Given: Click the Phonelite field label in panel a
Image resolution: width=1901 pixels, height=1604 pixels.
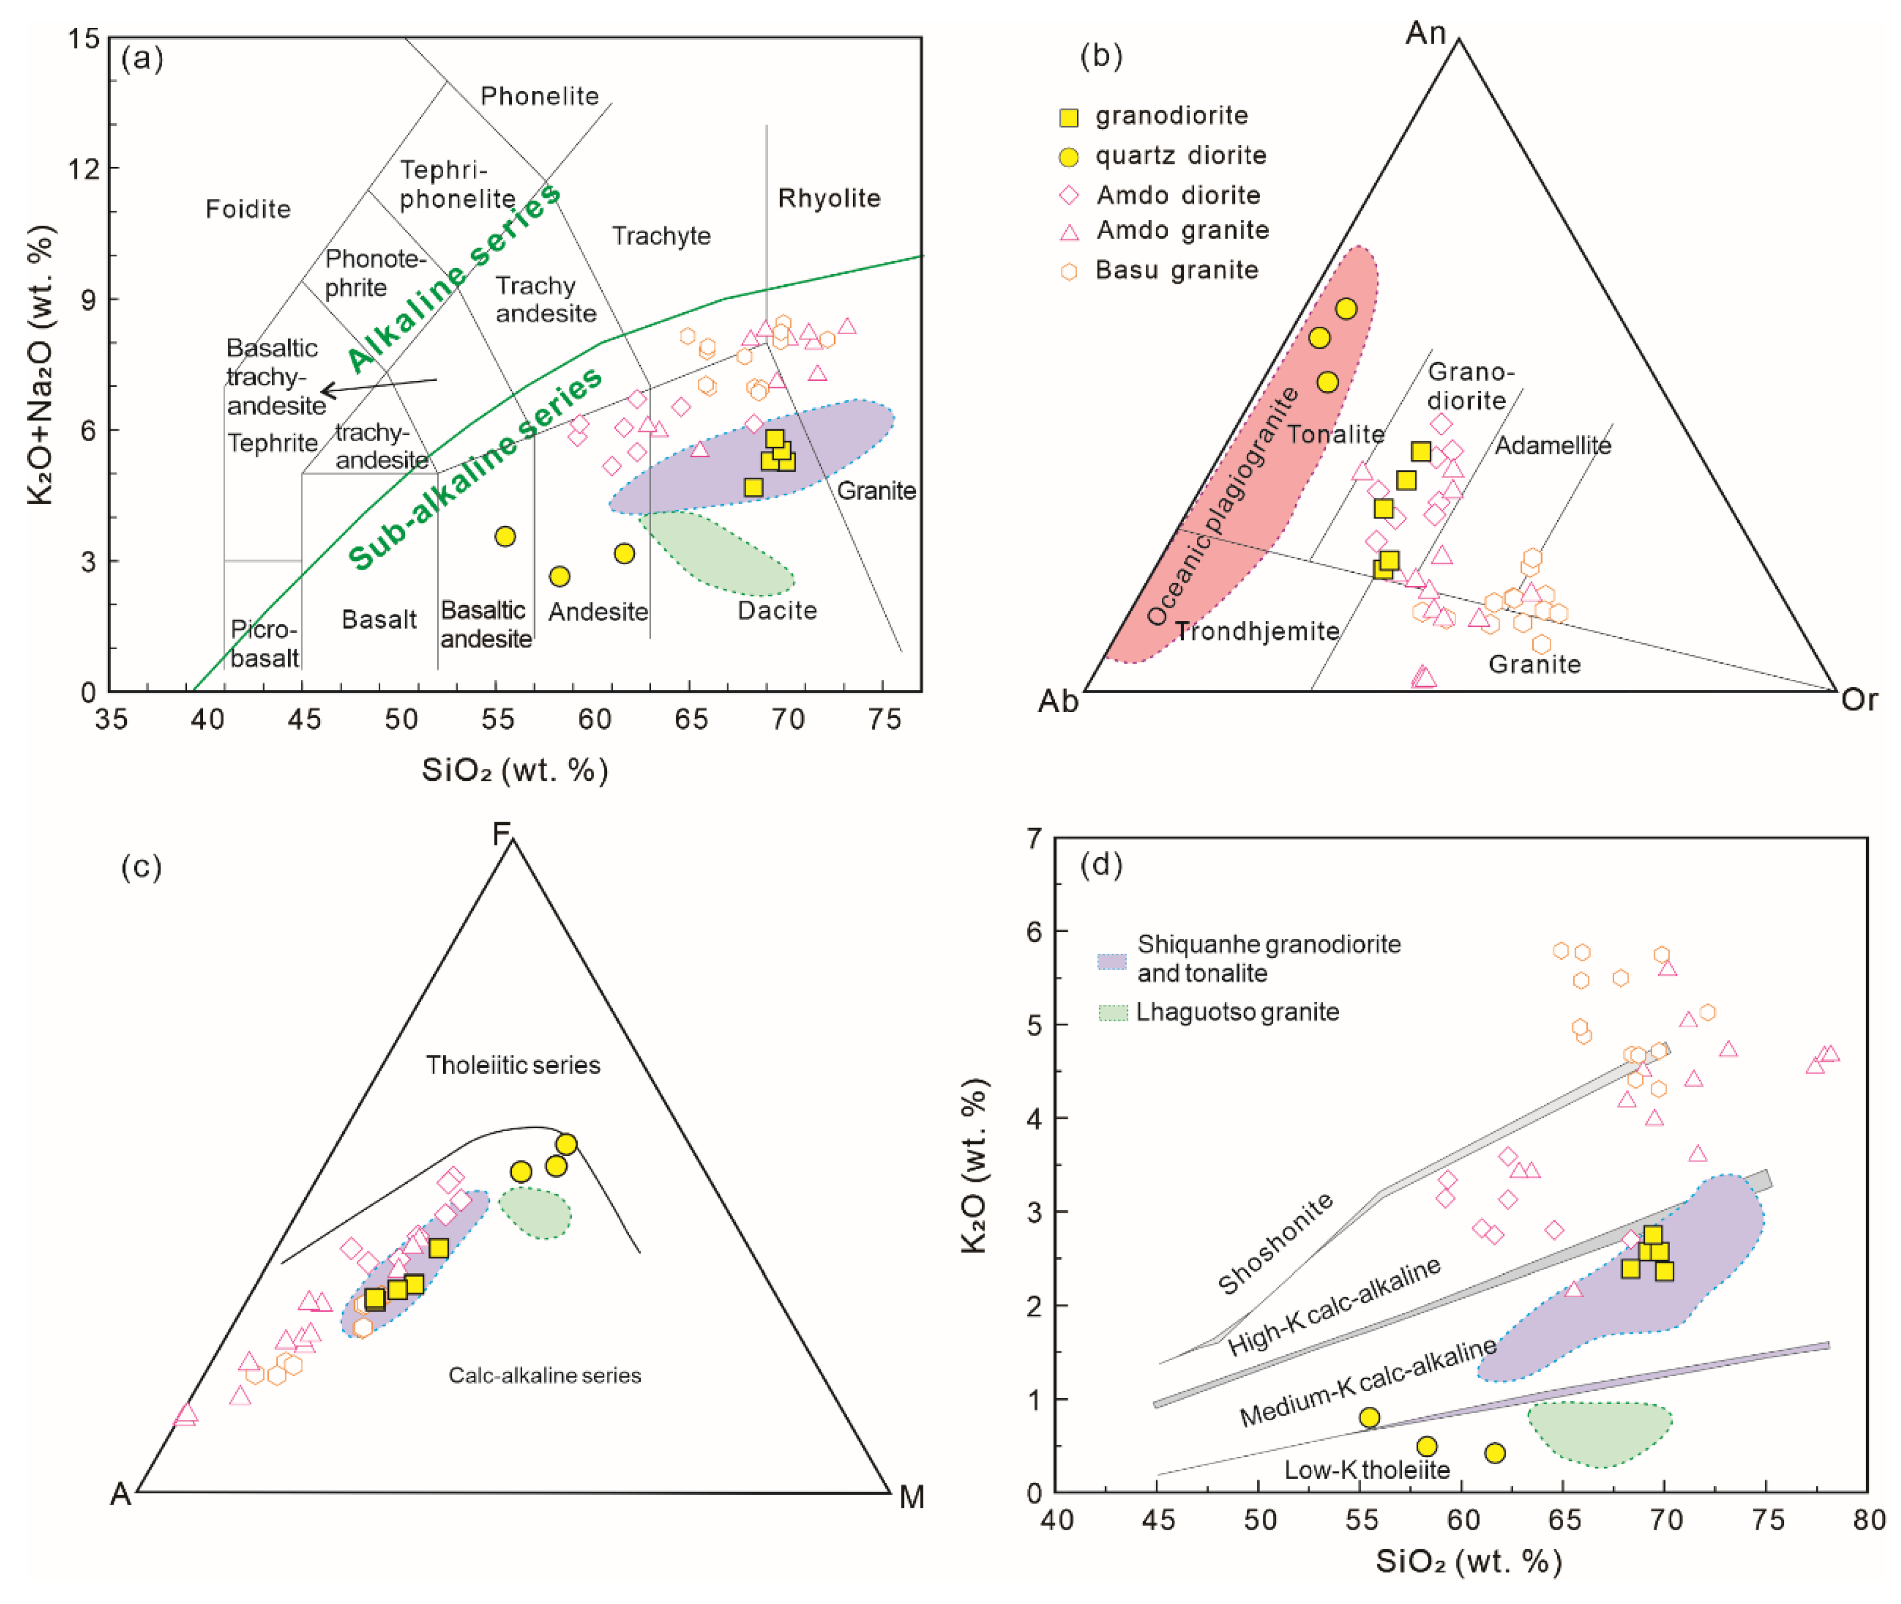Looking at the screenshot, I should click(x=539, y=96).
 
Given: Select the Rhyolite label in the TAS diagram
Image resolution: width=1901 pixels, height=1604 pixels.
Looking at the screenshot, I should click(x=828, y=198).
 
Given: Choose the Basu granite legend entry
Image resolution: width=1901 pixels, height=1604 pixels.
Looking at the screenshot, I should click(x=1176, y=270).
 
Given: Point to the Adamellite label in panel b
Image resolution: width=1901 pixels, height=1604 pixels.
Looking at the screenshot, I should click(x=1553, y=445).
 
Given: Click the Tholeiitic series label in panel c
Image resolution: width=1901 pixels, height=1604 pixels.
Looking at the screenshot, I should click(x=513, y=1065).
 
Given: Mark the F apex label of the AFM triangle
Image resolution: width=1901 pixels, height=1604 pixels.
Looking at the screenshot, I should click(x=501, y=834).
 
